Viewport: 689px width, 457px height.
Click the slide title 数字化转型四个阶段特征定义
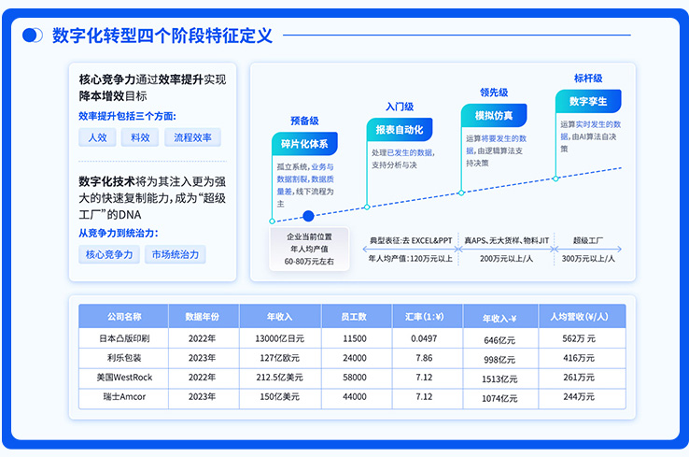(x=162, y=36)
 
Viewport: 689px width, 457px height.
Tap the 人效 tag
(x=97, y=137)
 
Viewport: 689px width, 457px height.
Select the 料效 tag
(x=140, y=137)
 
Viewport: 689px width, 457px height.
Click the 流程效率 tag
(x=192, y=137)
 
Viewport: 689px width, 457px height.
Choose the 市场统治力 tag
(x=175, y=254)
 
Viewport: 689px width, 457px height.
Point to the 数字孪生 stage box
(x=588, y=101)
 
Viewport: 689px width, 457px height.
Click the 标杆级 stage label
(x=588, y=79)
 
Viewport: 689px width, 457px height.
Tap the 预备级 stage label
(x=304, y=121)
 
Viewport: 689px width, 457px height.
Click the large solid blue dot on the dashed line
(x=308, y=216)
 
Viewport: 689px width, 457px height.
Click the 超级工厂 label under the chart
(x=588, y=240)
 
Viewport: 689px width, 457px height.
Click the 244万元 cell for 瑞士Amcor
(x=579, y=396)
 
